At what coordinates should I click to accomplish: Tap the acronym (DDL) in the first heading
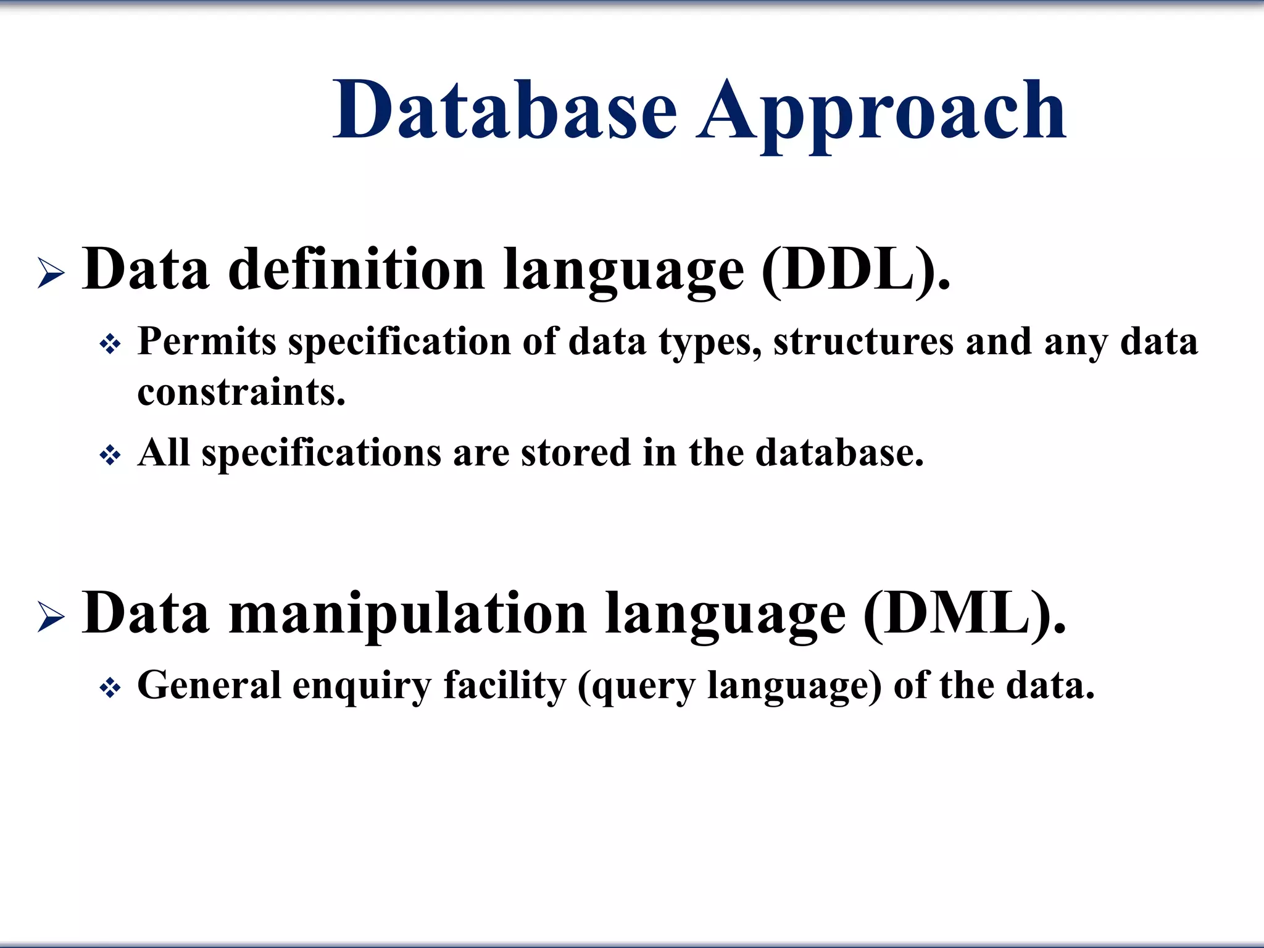855,270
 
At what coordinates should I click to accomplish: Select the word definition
356,270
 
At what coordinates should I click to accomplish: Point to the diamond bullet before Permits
110,344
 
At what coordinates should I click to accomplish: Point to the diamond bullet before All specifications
110,455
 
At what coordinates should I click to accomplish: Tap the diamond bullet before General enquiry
110,688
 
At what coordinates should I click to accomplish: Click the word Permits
206,341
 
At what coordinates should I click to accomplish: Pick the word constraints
241,393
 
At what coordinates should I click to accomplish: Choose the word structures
863,341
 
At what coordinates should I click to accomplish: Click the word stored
575,453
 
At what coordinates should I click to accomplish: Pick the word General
209,685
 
